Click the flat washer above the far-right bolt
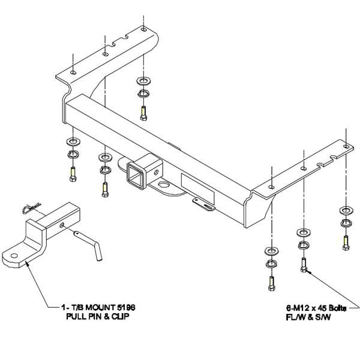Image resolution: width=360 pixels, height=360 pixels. [346, 209]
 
